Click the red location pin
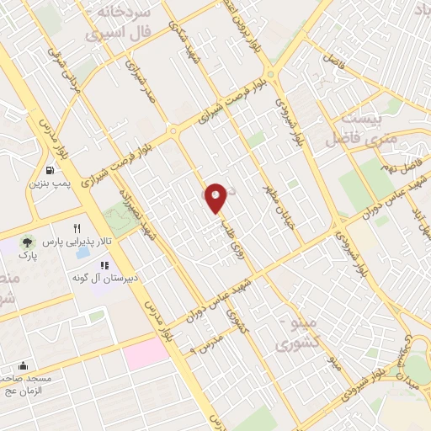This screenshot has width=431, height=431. (x=215, y=197)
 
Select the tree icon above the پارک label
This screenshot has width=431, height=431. (x=30, y=242)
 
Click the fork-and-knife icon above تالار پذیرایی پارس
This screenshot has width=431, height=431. (x=77, y=227)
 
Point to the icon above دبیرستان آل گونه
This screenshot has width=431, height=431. (x=105, y=264)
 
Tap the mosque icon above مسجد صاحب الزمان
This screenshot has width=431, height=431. (x=22, y=365)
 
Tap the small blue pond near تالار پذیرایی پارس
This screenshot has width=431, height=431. (x=84, y=250)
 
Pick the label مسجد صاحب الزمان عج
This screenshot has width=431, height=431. (x=28, y=384)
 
